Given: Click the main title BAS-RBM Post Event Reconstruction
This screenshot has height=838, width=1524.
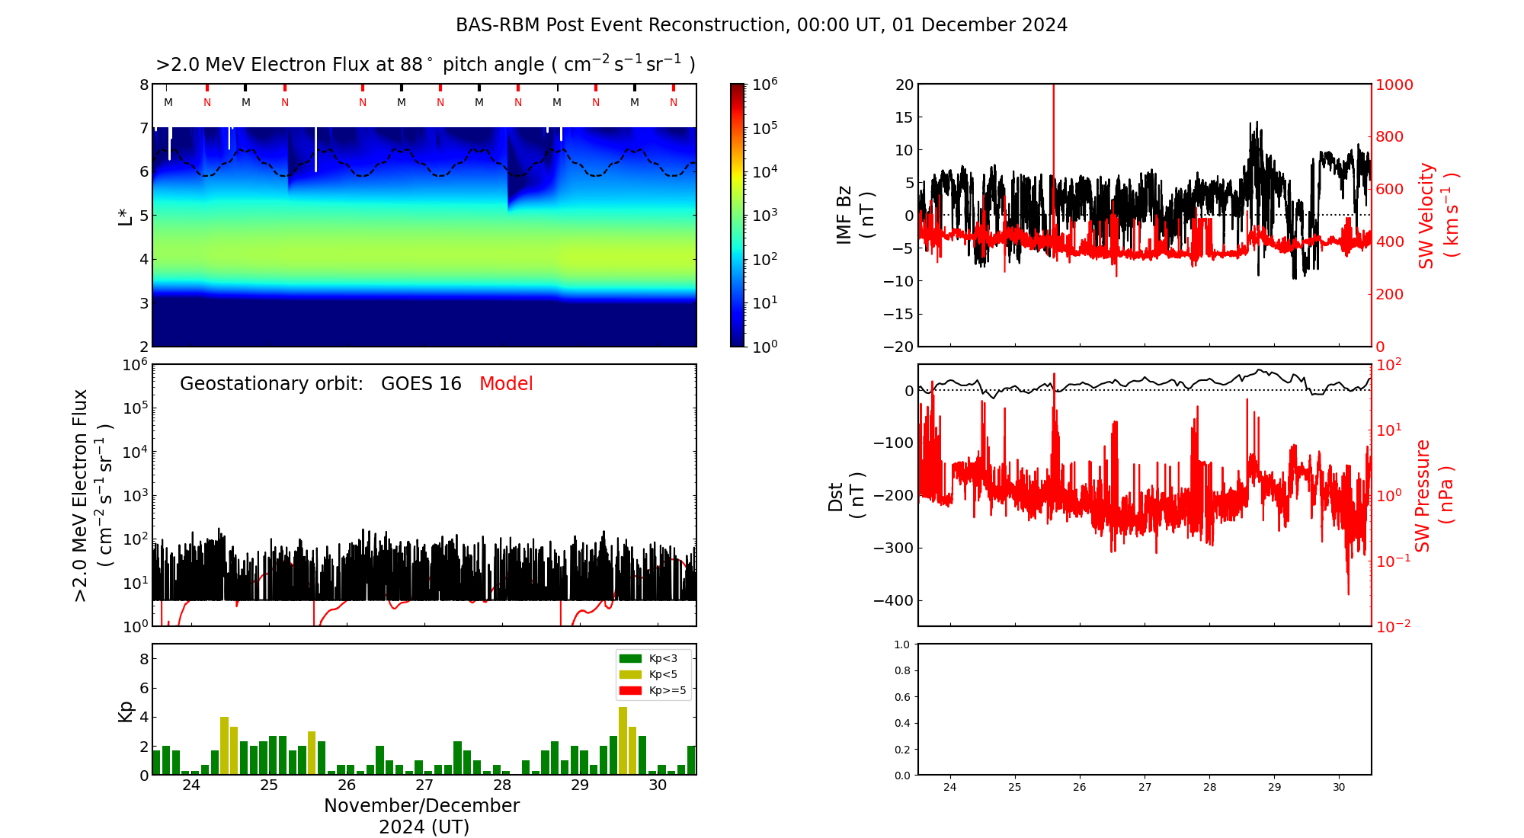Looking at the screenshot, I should point(761,25).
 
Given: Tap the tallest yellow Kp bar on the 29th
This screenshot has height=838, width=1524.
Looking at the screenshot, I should point(623,740).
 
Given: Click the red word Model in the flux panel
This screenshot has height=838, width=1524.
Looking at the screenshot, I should point(506,384).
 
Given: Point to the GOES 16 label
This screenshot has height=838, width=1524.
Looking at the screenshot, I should point(421,384).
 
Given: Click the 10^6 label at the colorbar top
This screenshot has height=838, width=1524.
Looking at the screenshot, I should point(764,84).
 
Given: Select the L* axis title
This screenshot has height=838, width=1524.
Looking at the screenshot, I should point(126,216).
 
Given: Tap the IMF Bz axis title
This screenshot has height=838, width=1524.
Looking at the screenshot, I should point(854,216).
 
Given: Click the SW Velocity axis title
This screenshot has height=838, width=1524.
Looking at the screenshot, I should point(1437,216).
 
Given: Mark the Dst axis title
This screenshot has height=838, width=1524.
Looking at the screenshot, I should point(846,496).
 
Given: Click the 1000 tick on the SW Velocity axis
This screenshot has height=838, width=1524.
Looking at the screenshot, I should point(1394,85).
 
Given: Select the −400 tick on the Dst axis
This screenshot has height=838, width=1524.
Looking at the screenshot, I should point(892,600).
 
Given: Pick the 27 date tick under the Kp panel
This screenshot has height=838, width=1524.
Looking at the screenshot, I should point(424,785).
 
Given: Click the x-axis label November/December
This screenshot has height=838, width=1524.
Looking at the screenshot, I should point(421,806).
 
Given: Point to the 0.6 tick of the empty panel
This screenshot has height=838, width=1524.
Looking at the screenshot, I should point(901,697).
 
